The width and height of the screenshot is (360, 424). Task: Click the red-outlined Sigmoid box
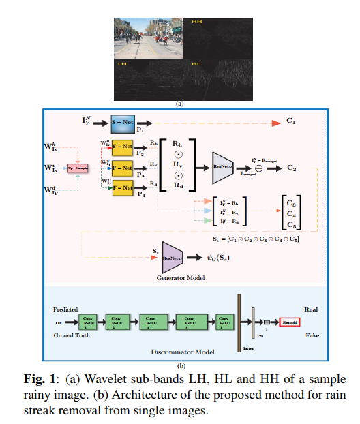[289, 320]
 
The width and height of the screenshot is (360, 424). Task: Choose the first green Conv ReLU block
[87, 320]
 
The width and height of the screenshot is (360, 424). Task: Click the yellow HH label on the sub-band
[197, 22]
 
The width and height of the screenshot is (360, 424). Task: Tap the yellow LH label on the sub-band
[123, 65]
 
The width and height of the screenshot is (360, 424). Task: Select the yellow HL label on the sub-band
[196, 65]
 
